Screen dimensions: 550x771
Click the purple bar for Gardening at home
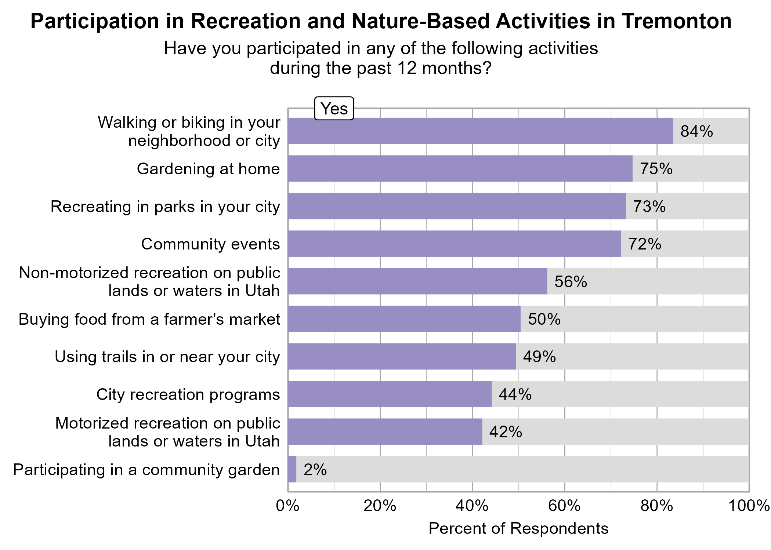pos(460,168)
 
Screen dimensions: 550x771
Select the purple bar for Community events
pos(455,244)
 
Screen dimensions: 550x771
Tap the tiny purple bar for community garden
pos(292,469)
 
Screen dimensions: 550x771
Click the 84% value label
pos(696,131)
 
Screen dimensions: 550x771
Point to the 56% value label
pos(571,282)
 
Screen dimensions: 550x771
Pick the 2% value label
pos(315,470)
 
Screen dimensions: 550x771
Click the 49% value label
pos(539,357)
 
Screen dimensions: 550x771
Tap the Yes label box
pos(334,109)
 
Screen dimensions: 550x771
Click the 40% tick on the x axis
pos(472,506)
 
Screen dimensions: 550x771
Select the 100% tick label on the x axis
pos(749,506)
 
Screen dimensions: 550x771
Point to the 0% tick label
pos(288,506)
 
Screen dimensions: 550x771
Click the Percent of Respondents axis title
pos(518,528)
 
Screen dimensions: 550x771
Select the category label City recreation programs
pos(188,394)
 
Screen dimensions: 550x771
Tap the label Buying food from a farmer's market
pos(149,319)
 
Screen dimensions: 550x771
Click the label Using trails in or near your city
pos(167,357)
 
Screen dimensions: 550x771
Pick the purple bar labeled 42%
pos(385,431)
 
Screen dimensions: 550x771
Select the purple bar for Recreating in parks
pos(457,206)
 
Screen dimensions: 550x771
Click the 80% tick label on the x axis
pos(657,506)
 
